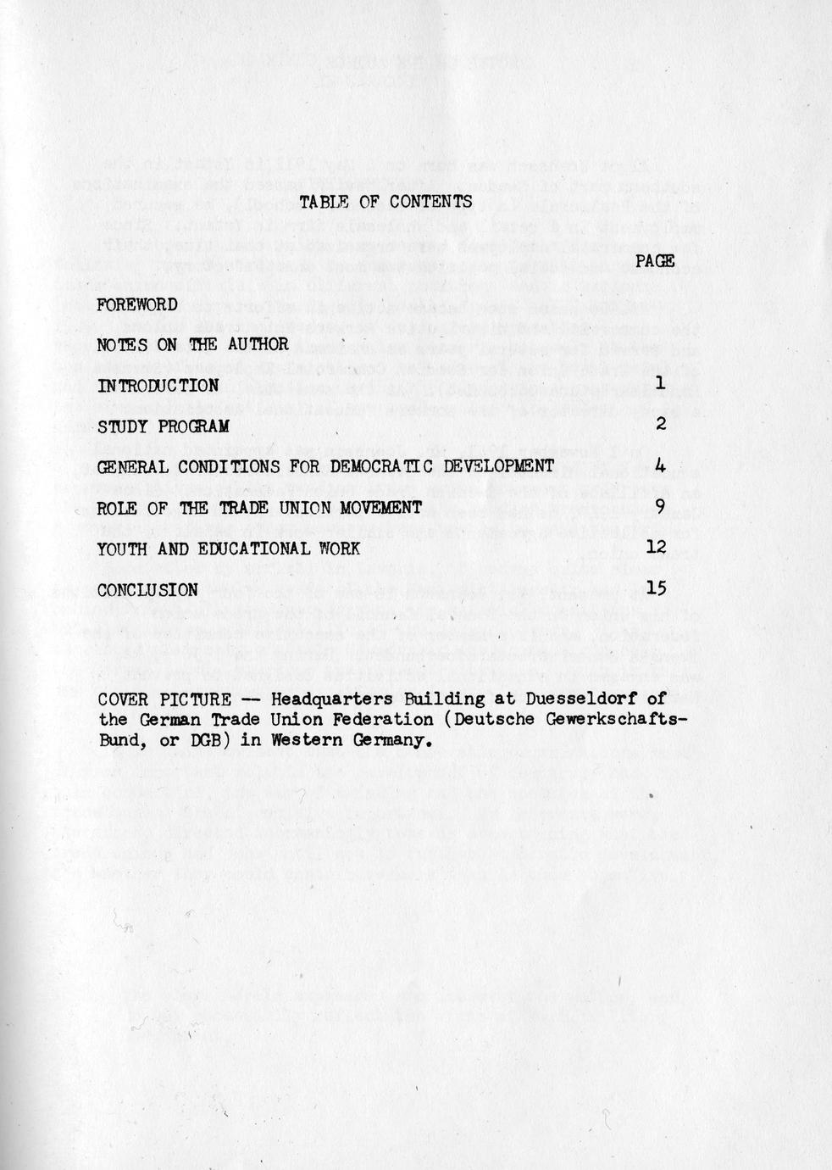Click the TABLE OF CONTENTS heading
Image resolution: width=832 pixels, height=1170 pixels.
click(x=385, y=202)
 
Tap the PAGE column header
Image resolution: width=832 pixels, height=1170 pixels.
click(x=654, y=261)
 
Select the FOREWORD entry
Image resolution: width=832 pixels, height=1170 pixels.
click(x=137, y=304)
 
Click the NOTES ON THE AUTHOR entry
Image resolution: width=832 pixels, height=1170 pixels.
click(x=193, y=344)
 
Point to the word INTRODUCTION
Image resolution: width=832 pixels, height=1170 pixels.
click(x=158, y=386)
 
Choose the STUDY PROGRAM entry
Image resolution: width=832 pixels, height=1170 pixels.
click(x=164, y=426)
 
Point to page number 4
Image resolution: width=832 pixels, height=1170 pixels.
click(x=661, y=465)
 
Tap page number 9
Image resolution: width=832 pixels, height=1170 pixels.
click(x=661, y=507)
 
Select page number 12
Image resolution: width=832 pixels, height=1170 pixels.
click(x=657, y=548)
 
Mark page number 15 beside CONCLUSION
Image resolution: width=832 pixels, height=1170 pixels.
click(x=657, y=588)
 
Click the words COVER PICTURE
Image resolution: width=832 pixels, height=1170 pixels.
click(x=164, y=699)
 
